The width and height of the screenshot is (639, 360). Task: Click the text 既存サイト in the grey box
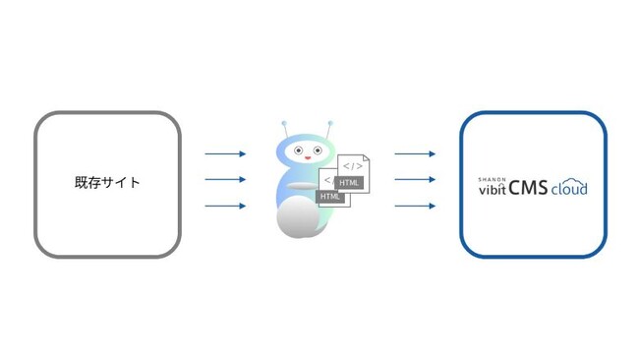point(107,182)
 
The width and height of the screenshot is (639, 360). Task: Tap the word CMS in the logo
point(528,187)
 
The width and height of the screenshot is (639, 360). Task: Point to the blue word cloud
point(569,187)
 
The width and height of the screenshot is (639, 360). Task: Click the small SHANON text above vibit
point(492,178)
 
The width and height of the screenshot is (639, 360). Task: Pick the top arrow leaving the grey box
point(225,153)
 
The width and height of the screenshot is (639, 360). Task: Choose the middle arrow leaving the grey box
point(225,180)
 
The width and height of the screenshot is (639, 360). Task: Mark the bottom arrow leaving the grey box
point(225,207)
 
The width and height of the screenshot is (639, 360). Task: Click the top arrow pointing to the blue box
point(415,153)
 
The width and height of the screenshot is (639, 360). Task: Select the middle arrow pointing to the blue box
point(415,180)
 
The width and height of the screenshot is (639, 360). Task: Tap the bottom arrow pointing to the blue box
point(415,207)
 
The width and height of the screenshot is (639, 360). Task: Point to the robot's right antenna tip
point(330,124)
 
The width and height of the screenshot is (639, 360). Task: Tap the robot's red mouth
point(308,158)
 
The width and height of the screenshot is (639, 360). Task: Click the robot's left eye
point(298,150)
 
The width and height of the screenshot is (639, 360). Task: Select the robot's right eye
point(318,150)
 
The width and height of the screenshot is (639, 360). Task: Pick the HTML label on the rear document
point(350,183)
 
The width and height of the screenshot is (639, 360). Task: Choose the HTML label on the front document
point(330,197)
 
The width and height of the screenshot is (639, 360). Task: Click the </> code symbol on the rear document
point(353,166)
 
